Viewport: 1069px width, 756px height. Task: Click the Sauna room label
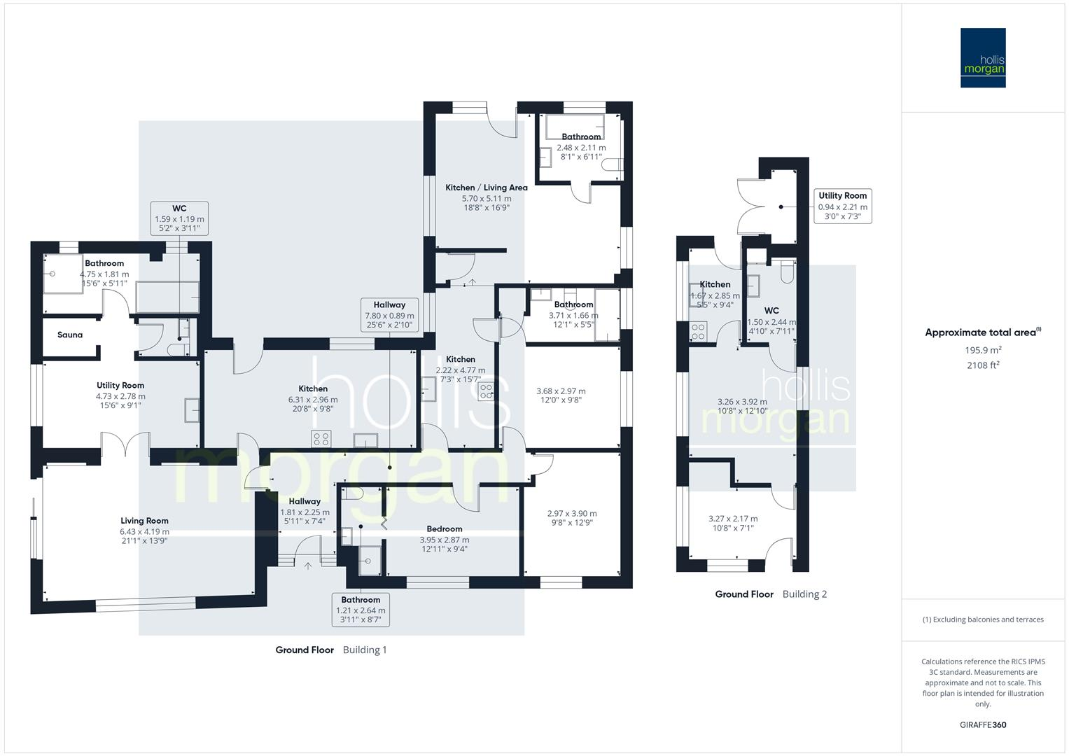(x=70, y=335)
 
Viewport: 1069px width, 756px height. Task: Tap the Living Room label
(x=144, y=521)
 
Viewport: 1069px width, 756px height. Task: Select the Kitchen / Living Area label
(x=487, y=188)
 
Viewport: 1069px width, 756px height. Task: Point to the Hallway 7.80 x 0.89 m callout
(x=389, y=314)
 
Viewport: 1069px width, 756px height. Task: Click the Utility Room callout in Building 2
(x=842, y=206)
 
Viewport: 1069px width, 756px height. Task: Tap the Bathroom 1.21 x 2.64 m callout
(x=361, y=610)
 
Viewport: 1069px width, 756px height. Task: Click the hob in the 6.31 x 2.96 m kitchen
(x=321, y=439)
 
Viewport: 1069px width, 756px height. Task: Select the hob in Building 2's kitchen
(x=698, y=332)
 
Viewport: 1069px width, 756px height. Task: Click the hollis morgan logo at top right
(x=983, y=58)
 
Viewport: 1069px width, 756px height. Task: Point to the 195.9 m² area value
(x=983, y=350)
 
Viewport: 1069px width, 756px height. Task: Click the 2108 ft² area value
(x=983, y=365)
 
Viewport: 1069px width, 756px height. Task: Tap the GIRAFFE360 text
(x=983, y=724)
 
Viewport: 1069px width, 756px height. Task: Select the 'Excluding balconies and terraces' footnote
(x=983, y=619)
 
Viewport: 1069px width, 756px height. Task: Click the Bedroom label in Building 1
(x=444, y=529)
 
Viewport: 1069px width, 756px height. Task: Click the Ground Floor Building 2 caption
(x=771, y=594)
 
